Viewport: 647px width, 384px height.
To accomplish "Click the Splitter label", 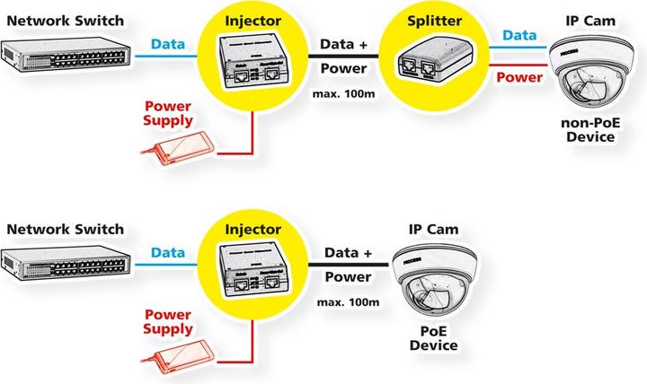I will click(422, 20).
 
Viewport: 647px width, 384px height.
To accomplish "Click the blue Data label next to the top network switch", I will click(168, 44).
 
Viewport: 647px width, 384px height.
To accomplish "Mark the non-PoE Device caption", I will click(589, 131).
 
